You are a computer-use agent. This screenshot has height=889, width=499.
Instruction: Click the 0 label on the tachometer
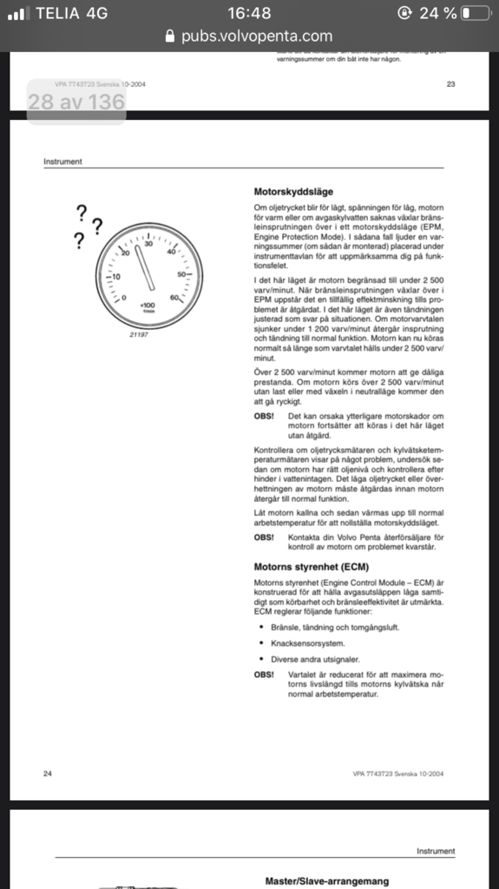click(123, 298)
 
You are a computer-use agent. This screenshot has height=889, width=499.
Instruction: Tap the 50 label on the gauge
click(182, 274)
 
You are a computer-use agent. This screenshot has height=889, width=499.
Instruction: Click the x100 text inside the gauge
click(148, 306)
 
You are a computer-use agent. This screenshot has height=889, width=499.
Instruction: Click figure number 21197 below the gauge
click(139, 334)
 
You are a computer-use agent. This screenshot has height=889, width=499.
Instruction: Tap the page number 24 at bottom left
click(48, 773)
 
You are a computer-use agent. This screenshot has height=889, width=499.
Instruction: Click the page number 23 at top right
click(450, 84)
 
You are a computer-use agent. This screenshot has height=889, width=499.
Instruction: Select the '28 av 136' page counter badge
click(76, 102)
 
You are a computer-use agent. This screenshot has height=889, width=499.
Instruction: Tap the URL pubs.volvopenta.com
click(257, 36)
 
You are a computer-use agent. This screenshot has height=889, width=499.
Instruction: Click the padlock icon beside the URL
click(171, 36)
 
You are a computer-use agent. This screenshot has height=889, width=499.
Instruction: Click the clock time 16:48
click(249, 13)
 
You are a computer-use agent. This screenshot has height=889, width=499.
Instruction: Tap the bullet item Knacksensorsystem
click(308, 643)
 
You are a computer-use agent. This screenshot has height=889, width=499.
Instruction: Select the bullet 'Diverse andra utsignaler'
click(317, 659)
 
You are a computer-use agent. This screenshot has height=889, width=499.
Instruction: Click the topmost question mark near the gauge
click(82, 211)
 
